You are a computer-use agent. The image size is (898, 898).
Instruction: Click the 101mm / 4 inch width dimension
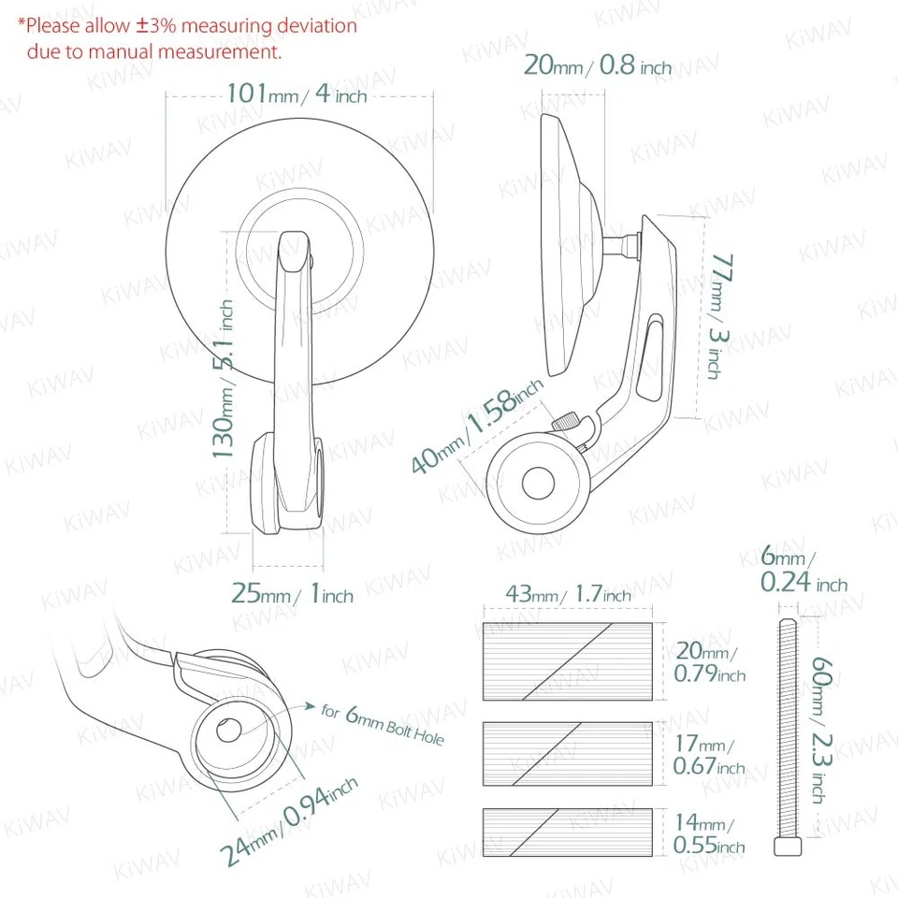[297, 94]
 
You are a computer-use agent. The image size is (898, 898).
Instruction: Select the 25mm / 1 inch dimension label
[292, 594]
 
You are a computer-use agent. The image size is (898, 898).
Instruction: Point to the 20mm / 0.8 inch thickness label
[597, 65]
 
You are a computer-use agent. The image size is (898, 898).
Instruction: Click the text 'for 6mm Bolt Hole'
[382, 724]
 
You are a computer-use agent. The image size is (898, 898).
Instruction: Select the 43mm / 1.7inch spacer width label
[568, 594]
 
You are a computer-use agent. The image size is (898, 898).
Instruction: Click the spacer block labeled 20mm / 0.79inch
[568, 660]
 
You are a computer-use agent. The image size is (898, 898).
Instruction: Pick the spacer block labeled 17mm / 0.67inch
[568, 753]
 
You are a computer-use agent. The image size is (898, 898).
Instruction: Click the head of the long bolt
[787, 846]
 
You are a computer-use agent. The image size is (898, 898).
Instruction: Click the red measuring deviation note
[187, 38]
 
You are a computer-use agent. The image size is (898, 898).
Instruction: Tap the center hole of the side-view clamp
[539, 484]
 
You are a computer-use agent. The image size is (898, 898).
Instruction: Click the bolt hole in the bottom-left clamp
[230, 731]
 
